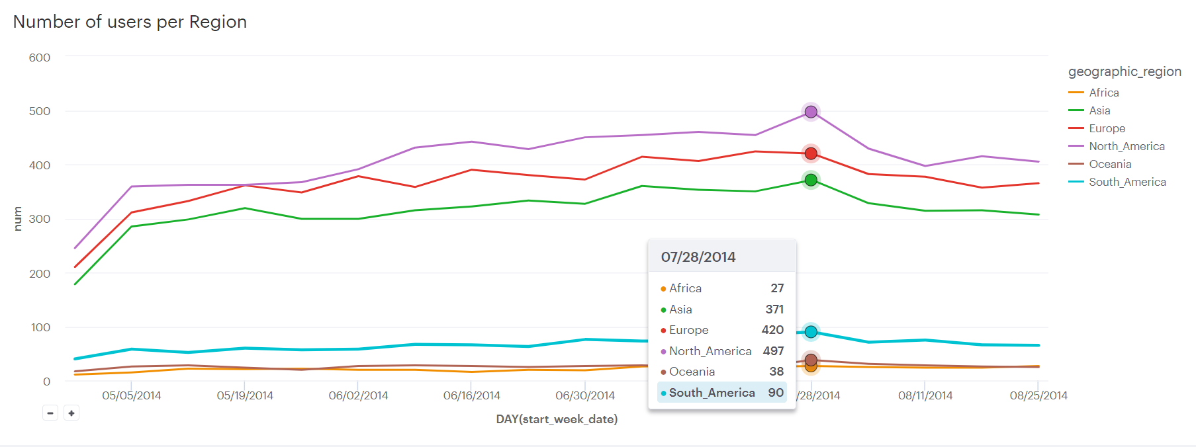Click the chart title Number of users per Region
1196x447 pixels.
click(130, 22)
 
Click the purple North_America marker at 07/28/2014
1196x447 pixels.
click(811, 112)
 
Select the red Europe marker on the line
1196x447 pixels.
click(811, 153)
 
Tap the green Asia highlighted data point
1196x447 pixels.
click(811, 180)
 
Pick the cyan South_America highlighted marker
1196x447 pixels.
click(811, 332)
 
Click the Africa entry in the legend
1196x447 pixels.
click(1103, 93)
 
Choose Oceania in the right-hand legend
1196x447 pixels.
click(1110, 164)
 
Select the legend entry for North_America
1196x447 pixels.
click(1127, 146)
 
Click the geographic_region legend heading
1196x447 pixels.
click(1125, 71)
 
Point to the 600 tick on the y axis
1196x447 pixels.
click(40, 58)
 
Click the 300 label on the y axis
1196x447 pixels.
click(40, 219)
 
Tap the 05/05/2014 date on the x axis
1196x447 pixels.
click(132, 395)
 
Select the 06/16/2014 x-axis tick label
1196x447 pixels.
click(471, 395)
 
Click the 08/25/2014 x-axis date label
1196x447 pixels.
click(1038, 395)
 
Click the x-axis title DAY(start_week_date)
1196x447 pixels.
click(557, 419)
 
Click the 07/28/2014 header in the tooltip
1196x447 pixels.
click(698, 257)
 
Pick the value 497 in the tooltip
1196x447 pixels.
click(773, 350)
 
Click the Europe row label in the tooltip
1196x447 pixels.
click(688, 330)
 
